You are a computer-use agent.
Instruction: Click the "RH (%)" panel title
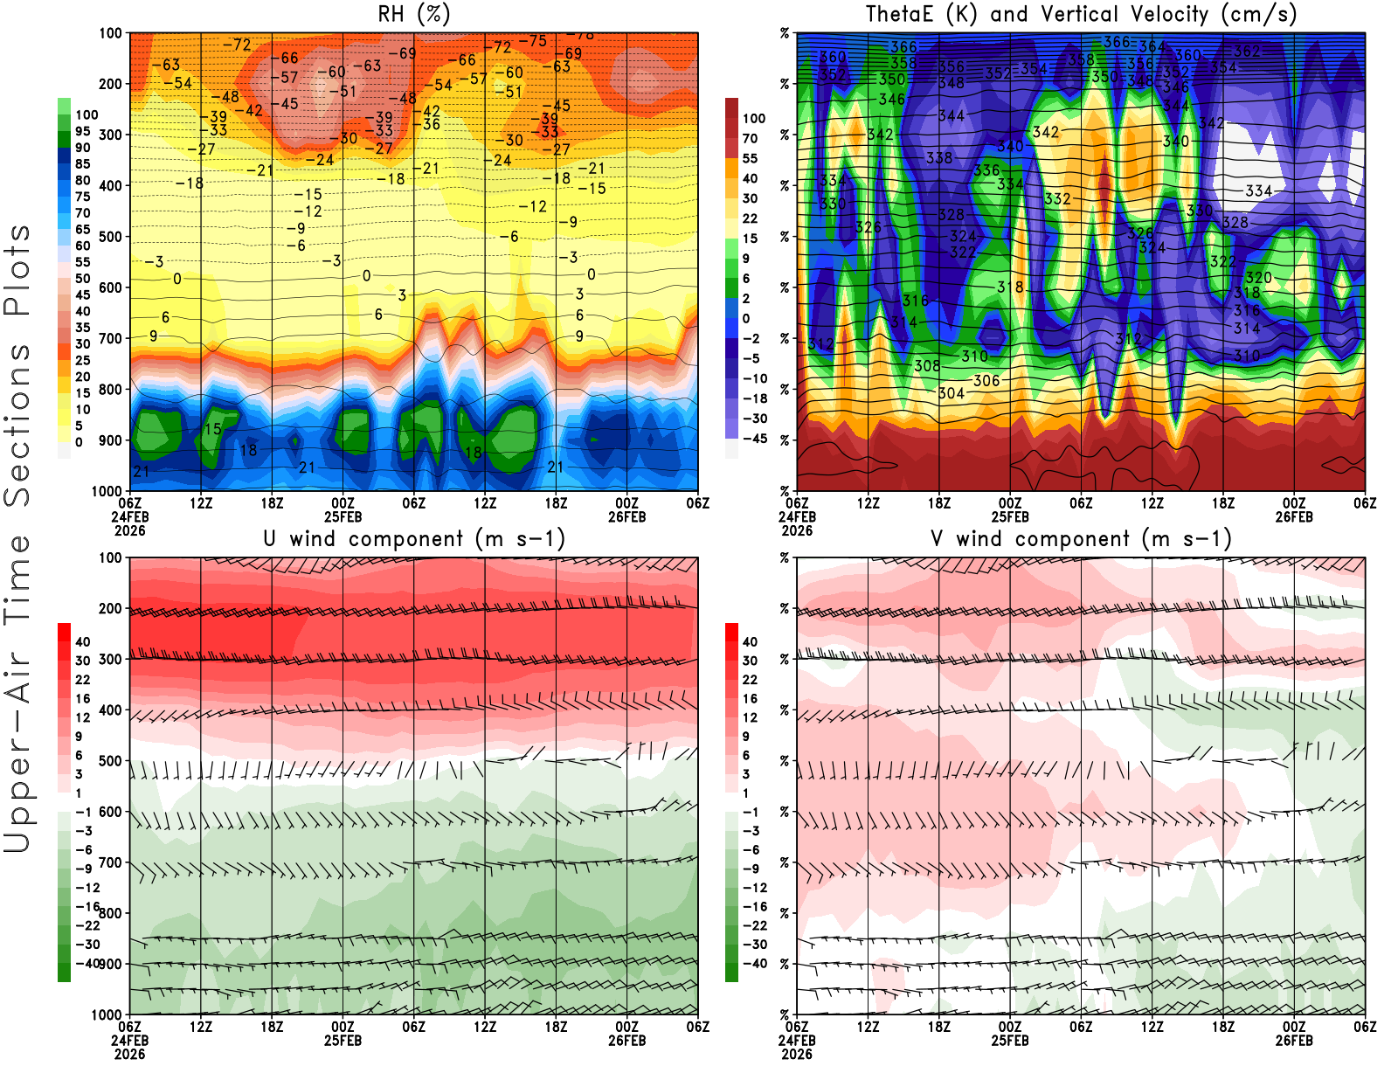[x=413, y=14]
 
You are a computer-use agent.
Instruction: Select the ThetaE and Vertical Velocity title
[x=1081, y=14]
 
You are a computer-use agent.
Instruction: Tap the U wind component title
[x=414, y=538]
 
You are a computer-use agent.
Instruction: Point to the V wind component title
[x=1081, y=538]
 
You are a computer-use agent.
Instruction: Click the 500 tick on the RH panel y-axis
[x=110, y=236]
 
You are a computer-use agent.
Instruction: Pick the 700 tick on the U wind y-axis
[x=110, y=862]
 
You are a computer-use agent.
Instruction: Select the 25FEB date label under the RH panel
[x=343, y=516]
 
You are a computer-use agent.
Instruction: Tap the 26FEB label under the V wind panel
[x=1294, y=1041]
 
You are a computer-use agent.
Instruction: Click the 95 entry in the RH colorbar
[x=83, y=131]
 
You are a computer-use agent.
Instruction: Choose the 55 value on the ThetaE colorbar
[x=750, y=158]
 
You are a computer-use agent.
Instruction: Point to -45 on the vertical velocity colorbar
[x=754, y=439]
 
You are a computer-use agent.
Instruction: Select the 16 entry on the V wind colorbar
[x=750, y=698]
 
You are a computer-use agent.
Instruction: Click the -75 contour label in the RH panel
[x=532, y=41]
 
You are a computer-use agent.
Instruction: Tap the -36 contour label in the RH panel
[x=431, y=124]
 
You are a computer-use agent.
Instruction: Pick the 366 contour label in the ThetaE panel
[x=1117, y=42]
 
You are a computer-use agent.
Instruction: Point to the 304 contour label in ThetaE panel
[x=952, y=393]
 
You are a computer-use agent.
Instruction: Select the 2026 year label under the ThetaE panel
[x=797, y=530]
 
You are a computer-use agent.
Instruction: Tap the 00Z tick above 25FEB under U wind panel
[x=343, y=1027]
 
